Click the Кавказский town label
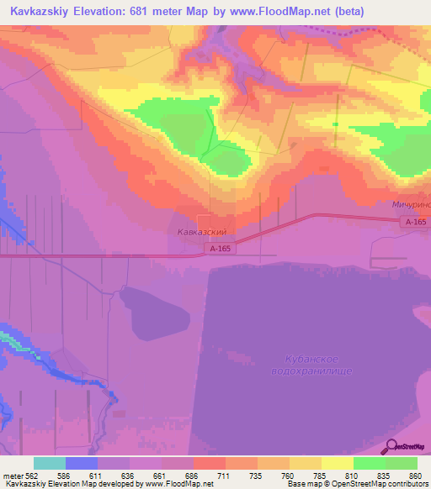202,232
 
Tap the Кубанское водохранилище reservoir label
311,365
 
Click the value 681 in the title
147,10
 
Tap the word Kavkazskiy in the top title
36,10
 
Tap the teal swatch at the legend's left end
50,463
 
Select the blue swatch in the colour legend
82,463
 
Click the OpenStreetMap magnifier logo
389,445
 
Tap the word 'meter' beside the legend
13,475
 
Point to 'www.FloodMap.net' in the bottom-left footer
179,484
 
